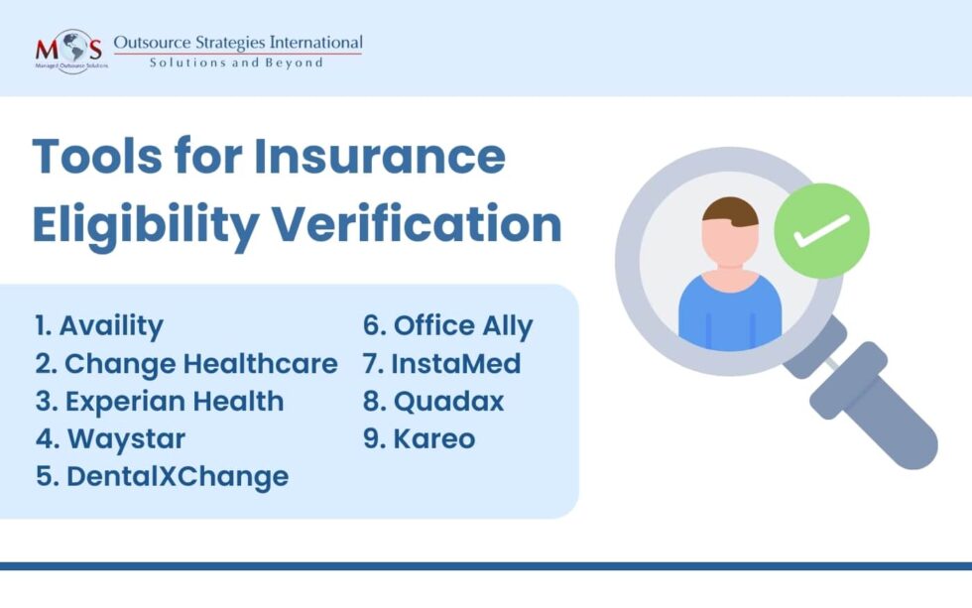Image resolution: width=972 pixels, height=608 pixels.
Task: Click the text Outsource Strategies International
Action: click(238, 43)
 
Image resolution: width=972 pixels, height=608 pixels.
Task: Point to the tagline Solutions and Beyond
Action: click(236, 62)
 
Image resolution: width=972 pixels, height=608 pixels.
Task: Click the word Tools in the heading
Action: click(100, 157)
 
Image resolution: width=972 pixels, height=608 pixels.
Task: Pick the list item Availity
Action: click(99, 325)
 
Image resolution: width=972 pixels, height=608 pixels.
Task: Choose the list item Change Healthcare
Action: click(186, 364)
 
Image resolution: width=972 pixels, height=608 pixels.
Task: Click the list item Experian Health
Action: click(160, 401)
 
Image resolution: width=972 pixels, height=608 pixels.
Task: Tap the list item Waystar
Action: click(111, 437)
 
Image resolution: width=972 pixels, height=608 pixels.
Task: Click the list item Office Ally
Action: click(448, 325)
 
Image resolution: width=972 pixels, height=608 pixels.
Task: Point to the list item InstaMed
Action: click(441, 364)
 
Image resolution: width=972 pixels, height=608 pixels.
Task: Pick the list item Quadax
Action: click(433, 401)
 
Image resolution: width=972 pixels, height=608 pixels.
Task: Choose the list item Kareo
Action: click(419, 437)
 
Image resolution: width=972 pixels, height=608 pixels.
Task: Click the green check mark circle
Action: click(821, 230)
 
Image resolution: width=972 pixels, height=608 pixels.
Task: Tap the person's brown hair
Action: click(730, 210)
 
